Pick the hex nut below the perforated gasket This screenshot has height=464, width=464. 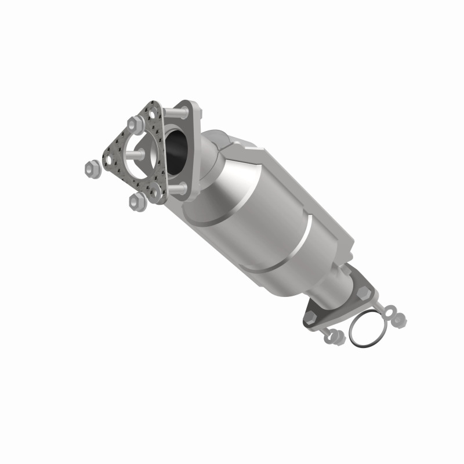tap(137, 201)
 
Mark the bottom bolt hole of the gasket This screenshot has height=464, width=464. tap(154, 192)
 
